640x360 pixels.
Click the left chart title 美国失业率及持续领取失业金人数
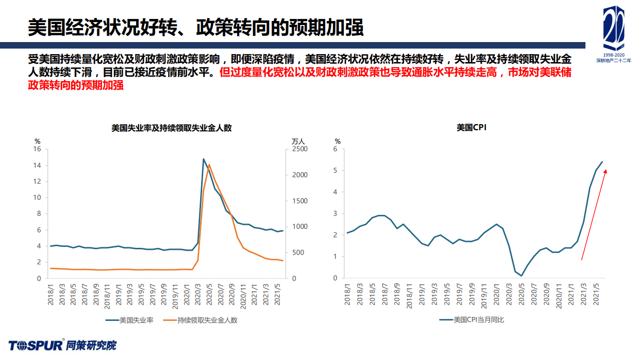[171, 128]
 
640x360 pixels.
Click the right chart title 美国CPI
[471, 128]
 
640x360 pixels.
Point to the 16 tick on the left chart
[37, 149]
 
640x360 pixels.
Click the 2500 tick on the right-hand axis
[300, 149]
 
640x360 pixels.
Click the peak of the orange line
[209, 165]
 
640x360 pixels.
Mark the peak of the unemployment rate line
[204, 159]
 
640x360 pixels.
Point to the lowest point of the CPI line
[521, 276]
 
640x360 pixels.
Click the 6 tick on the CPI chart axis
[336, 149]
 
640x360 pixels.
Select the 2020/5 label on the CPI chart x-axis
[521, 293]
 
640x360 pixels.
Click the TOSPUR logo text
[35, 345]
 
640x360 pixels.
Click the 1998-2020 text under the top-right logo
[613, 54]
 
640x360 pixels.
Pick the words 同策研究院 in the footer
[91, 345]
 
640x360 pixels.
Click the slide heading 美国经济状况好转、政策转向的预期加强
[195, 28]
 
